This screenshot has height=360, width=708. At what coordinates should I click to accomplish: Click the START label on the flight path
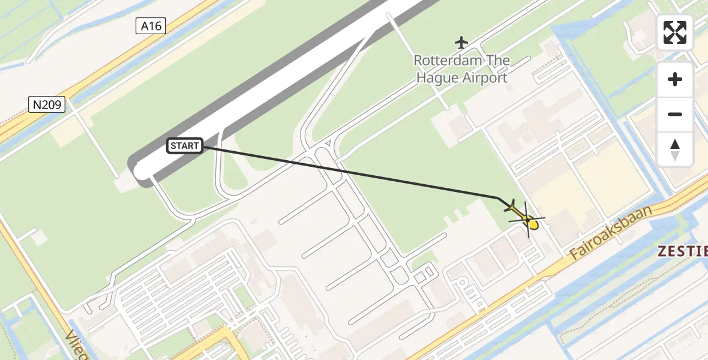184,145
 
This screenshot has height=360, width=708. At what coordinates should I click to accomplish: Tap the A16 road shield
151,26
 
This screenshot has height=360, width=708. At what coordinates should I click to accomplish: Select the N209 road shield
46,105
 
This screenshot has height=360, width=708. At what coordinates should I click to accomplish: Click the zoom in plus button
675,80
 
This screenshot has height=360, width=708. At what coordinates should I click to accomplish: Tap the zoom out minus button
675,114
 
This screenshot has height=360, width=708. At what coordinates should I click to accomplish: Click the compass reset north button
675,149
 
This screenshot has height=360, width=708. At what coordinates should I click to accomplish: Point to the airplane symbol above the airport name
461,43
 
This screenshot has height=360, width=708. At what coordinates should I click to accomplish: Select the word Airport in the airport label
485,77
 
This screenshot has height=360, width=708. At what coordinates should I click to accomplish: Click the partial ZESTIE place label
683,252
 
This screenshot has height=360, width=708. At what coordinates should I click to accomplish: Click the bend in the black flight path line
498,197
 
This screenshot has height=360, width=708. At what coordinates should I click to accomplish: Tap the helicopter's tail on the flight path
510,208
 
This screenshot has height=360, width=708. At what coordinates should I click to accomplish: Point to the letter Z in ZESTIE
662,252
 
